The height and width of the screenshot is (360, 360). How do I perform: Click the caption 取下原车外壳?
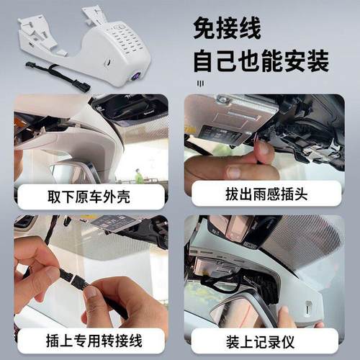pyautogui.click(x=89, y=195)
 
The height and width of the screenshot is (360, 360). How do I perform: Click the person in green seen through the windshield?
pyautogui.click(x=139, y=175)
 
